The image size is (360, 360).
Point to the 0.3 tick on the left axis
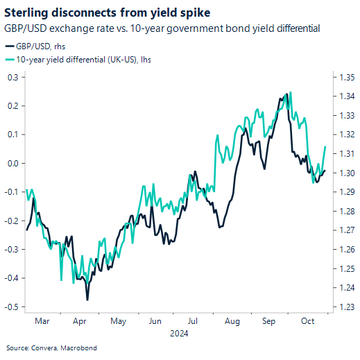(12, 77)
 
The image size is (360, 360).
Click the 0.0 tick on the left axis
(12, 163)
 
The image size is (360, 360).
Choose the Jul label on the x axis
(193, 321)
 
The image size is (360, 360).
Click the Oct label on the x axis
(309, 321)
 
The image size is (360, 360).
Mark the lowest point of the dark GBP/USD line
(87, 300)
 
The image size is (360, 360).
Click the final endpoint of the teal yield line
(326, 146)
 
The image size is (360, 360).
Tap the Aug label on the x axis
(232, 321)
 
